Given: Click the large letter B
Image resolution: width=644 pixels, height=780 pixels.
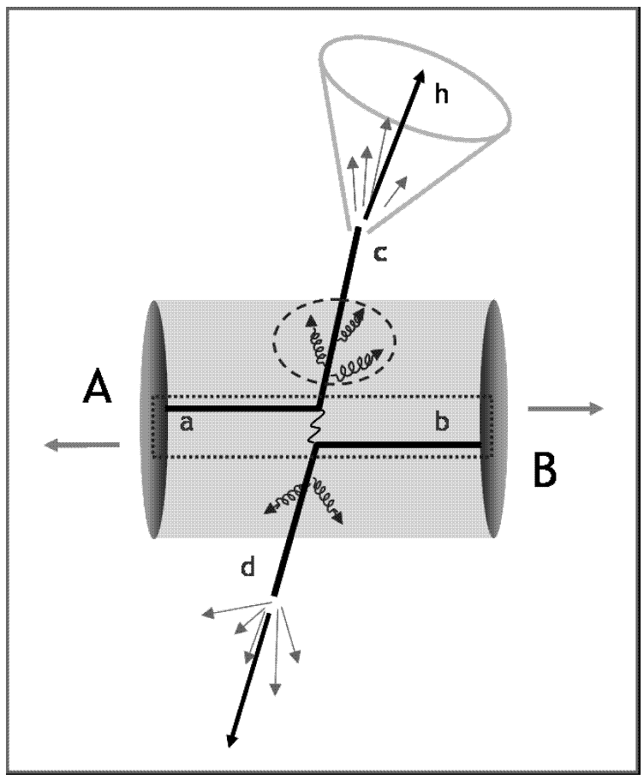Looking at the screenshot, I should point(546,470).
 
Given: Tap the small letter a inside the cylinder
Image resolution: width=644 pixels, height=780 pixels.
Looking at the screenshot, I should point(187,423).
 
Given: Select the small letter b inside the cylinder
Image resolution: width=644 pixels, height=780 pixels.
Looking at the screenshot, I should point(442,423).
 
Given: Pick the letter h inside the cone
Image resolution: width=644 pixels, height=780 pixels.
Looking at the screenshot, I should point(442,95).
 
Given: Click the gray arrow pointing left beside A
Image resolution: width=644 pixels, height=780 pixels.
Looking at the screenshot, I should point(81,444).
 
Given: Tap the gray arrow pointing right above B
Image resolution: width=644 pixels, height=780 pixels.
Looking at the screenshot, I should point(565,409).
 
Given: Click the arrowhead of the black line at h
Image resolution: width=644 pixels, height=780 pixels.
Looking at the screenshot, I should point(421,78).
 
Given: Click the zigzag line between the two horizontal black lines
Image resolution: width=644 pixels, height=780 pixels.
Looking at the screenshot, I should point(318,426).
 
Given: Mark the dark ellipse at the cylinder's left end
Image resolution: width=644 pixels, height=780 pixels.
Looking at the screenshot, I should point(152,420).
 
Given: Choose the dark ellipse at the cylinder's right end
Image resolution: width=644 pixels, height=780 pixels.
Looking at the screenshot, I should point(494,420).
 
